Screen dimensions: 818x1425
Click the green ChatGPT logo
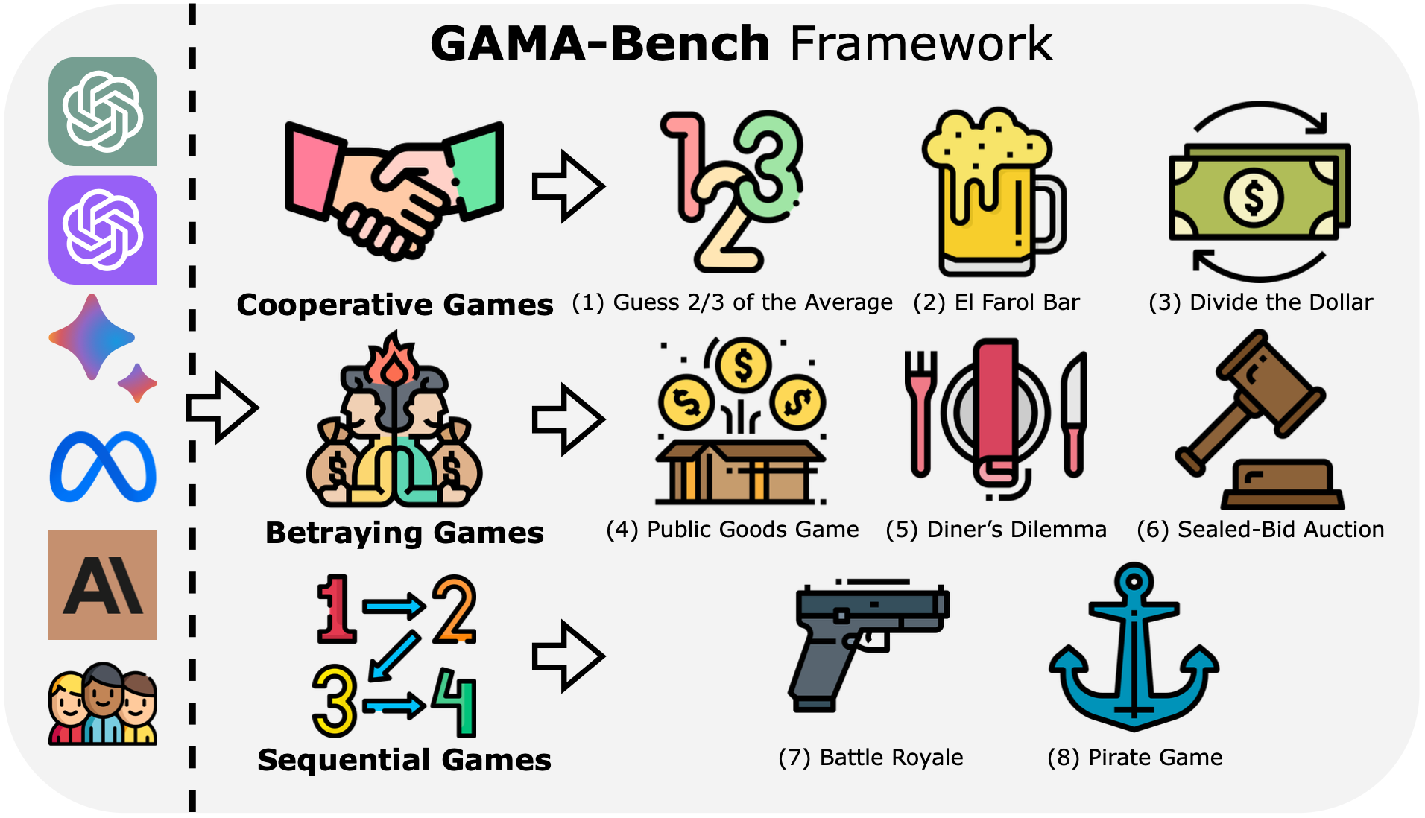click(103, 112)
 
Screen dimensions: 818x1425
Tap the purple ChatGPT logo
click(103, 229)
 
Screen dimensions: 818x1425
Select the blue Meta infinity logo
click(103, 467)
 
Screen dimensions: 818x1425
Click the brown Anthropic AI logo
click(103, 585)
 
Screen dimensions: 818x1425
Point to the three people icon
click(103, 705)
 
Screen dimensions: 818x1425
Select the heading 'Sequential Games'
click(404, 760)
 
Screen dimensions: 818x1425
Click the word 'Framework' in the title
click(921, 44)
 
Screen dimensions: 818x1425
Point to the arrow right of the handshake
click(568, 186)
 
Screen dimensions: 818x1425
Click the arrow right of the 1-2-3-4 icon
click(568, 656)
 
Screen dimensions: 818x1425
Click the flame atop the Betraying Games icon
click(393, 361)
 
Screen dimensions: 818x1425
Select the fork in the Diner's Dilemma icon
click(921, 413)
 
